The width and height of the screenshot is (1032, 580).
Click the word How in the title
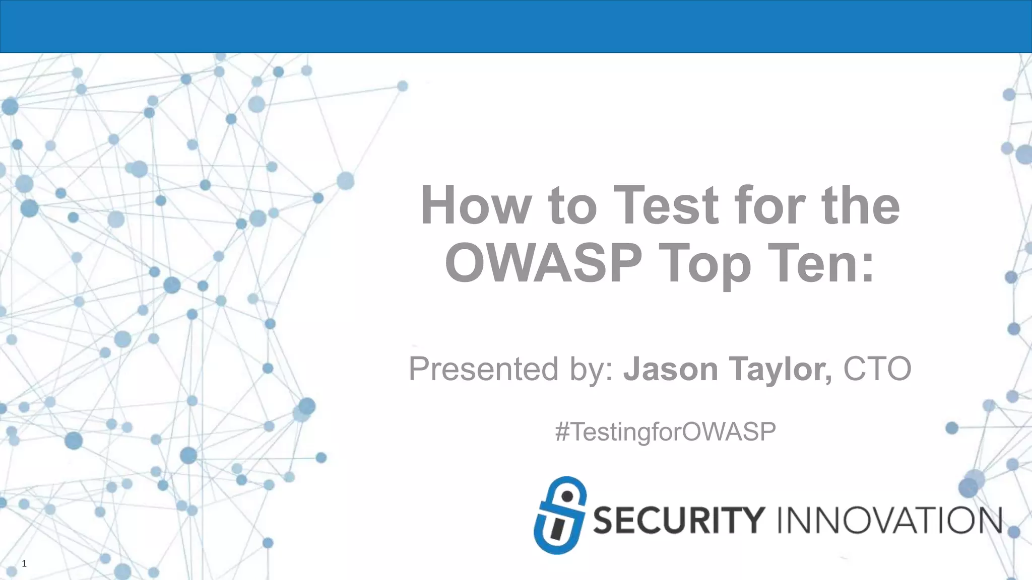click(x=475, y=205)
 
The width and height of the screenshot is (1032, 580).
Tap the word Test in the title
click(x=666, y=205)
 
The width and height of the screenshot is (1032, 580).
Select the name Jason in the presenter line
click(x=670, y=369)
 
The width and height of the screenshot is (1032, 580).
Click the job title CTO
click(x=877, y=369)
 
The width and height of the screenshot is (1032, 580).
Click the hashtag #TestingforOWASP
click(x=665, y=432)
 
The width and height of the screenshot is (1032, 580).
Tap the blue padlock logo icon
click(x=560, y=516)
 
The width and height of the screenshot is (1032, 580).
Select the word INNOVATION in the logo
click(x=889, y=521)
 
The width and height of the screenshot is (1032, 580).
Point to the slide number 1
click(x=24, y=564)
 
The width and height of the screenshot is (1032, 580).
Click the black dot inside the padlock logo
click(x=567, y=496)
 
